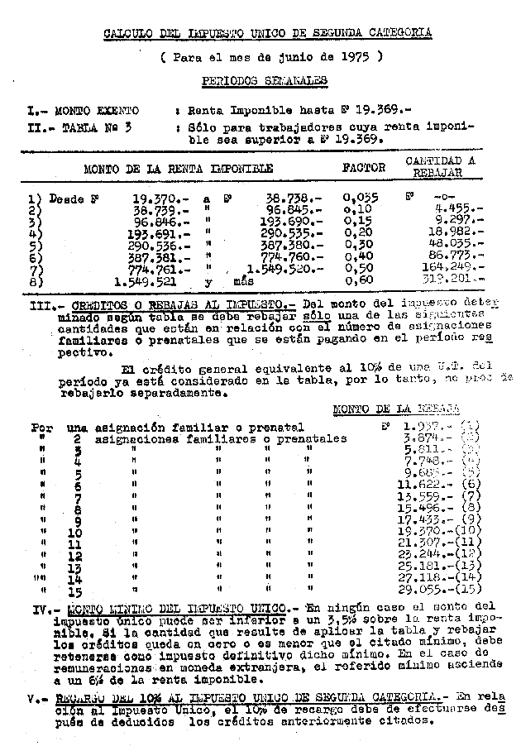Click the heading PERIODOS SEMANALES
264,80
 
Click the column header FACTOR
364,167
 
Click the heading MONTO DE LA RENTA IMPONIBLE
178,168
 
